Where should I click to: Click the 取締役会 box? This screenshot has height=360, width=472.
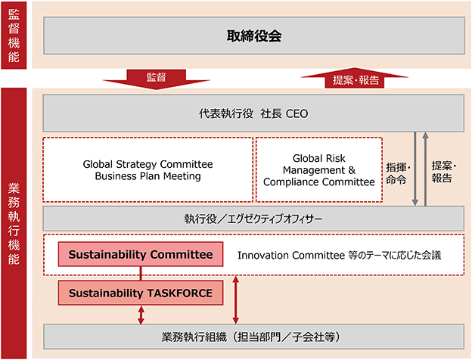tap(254, 36)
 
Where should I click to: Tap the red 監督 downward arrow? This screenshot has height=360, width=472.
tap(157, 79)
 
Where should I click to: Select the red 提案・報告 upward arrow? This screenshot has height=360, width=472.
tap(355, 78)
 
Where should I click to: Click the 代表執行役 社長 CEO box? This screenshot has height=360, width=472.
tap(253, 113)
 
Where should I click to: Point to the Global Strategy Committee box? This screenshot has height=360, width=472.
tap(147, 169)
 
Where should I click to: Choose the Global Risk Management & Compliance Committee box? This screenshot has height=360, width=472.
tap(319, 169)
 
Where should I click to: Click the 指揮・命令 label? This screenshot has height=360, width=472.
tap(398, 173)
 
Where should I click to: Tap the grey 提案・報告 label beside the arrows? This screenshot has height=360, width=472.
tap(444, 172)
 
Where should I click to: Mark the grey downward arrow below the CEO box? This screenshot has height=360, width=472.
tap(415, 169)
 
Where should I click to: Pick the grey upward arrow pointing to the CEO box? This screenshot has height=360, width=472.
tap(425, 169)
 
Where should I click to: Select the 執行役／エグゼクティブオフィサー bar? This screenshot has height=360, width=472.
tap(253, 219)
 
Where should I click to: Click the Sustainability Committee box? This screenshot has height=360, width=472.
tap(141, 254)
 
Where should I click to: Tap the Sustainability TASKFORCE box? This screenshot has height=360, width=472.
tap(141, 293)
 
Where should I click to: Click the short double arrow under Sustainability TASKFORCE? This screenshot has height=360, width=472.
tap(141, 315)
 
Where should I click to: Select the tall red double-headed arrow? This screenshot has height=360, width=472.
tap(236, 300)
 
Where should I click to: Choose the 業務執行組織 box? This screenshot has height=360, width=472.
tap(253, 337)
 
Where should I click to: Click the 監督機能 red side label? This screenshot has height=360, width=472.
tap(14, 36)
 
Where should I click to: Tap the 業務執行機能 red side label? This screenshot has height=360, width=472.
tap(14, 223)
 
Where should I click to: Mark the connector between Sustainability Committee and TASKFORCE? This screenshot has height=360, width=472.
tap(141, 274)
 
